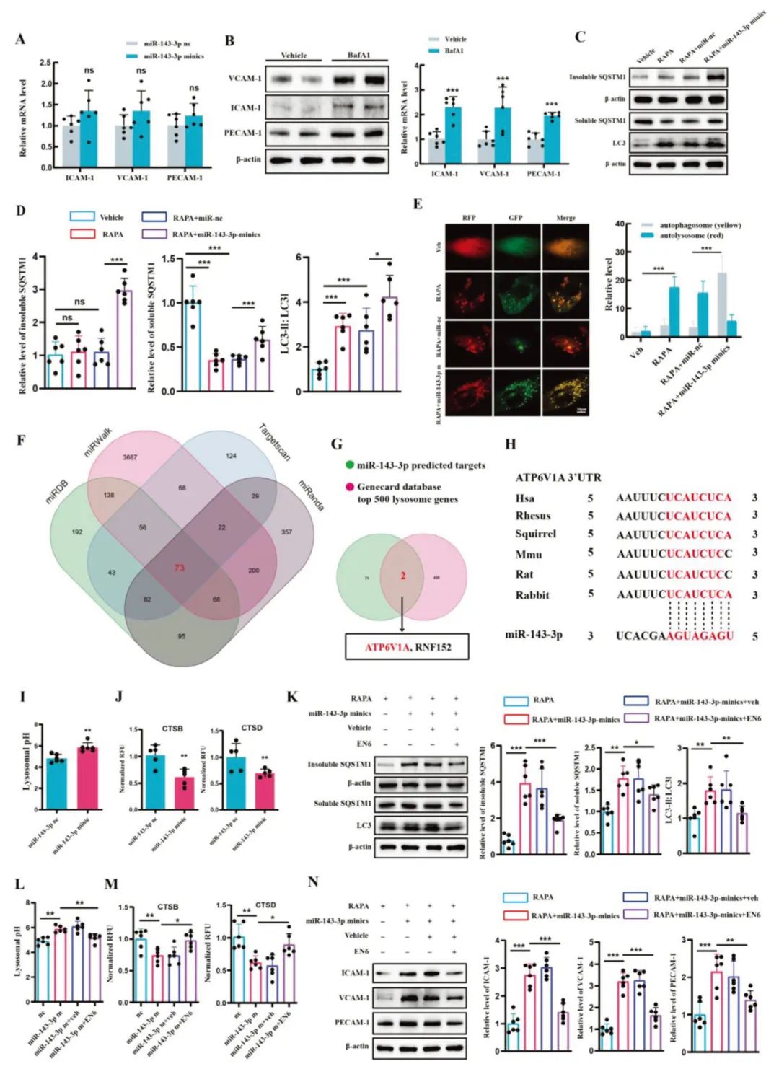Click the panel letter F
pyautogui.click(x=22, y=439)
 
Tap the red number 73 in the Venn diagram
pyautogui.click(x=179, y=568)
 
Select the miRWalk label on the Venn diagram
pyautogui.click(x=97, y=451)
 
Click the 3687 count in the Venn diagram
pyautogui.click(x=130, y=457)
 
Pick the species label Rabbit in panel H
pyautogui.click(x=532, y=595)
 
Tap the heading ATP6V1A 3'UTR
pyautogui.click(x=558, y=478)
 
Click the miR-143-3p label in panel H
pyautogui.click(x=534, y=635)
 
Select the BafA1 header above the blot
pyautogui.click(x=358, y=55)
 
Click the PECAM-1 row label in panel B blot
pyautogui.click(x=243, y=133)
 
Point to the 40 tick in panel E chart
pyautogui.click(x=618, y=224)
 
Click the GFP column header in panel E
pyautogui.click(x=515, y=217)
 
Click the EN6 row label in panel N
pyautogui.click(x=361, y=951)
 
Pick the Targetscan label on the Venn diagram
pyautogui.click(x=274, y=442)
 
